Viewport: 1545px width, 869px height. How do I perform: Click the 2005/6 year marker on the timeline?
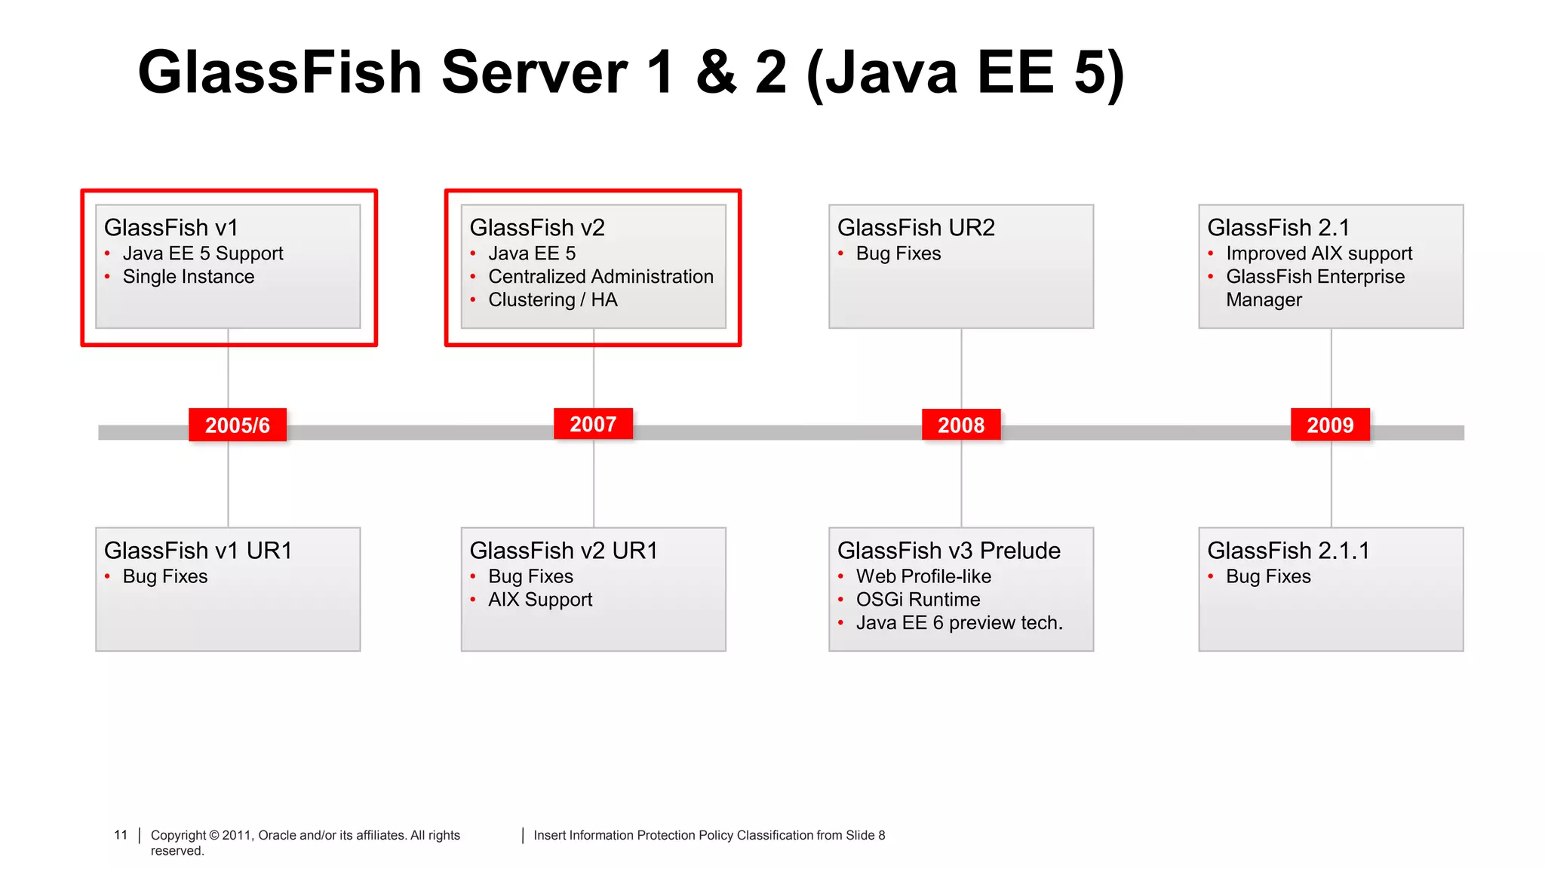click(238, 425)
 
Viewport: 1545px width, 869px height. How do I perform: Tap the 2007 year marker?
click(593, 424)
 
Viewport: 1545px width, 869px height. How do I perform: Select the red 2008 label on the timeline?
click(961, 425)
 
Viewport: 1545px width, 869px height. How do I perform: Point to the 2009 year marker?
click(1330, 425)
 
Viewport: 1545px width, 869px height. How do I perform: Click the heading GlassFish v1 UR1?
click(198, 551)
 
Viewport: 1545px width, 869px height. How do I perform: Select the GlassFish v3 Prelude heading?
click(948, 551)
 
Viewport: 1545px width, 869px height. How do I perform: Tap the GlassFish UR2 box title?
click(916, 228)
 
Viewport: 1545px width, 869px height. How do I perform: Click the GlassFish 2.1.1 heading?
click(1288, 551)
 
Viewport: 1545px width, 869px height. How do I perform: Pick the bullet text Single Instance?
click(189, 277)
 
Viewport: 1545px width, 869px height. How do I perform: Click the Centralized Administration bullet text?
click(600, 277)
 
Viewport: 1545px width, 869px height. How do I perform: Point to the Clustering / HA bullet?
click(553, 300)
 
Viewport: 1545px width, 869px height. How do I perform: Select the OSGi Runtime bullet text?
click(918, 600)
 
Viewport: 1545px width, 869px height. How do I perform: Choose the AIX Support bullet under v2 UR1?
click(540, 600)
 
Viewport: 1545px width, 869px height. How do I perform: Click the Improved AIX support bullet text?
click(1319, 253)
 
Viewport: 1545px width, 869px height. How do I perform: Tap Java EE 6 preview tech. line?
click(959, 623)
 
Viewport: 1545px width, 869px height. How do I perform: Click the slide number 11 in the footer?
click(121, 835)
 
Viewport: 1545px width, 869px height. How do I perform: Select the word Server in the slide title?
click(534, 73)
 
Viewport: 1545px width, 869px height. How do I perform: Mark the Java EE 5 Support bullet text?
click(203, 253)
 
